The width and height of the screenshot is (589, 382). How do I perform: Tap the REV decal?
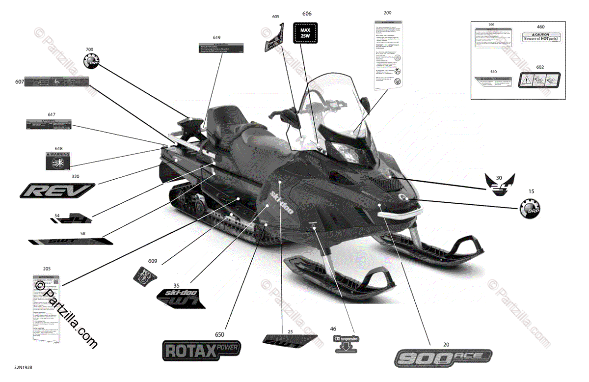[x=57, y=190]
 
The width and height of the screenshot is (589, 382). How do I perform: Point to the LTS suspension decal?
[x=346, y=343]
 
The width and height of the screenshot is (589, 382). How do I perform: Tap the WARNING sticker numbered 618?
[x=58, y=161]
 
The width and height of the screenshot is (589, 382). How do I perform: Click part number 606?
[x=307, y=14]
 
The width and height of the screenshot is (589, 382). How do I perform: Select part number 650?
[x=219, y=334]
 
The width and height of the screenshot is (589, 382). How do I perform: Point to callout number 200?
[x=387, y=12]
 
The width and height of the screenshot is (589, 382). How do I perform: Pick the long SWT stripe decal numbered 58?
[x=70, y=241]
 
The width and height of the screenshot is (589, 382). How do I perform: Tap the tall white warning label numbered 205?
[x=46, y=307]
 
